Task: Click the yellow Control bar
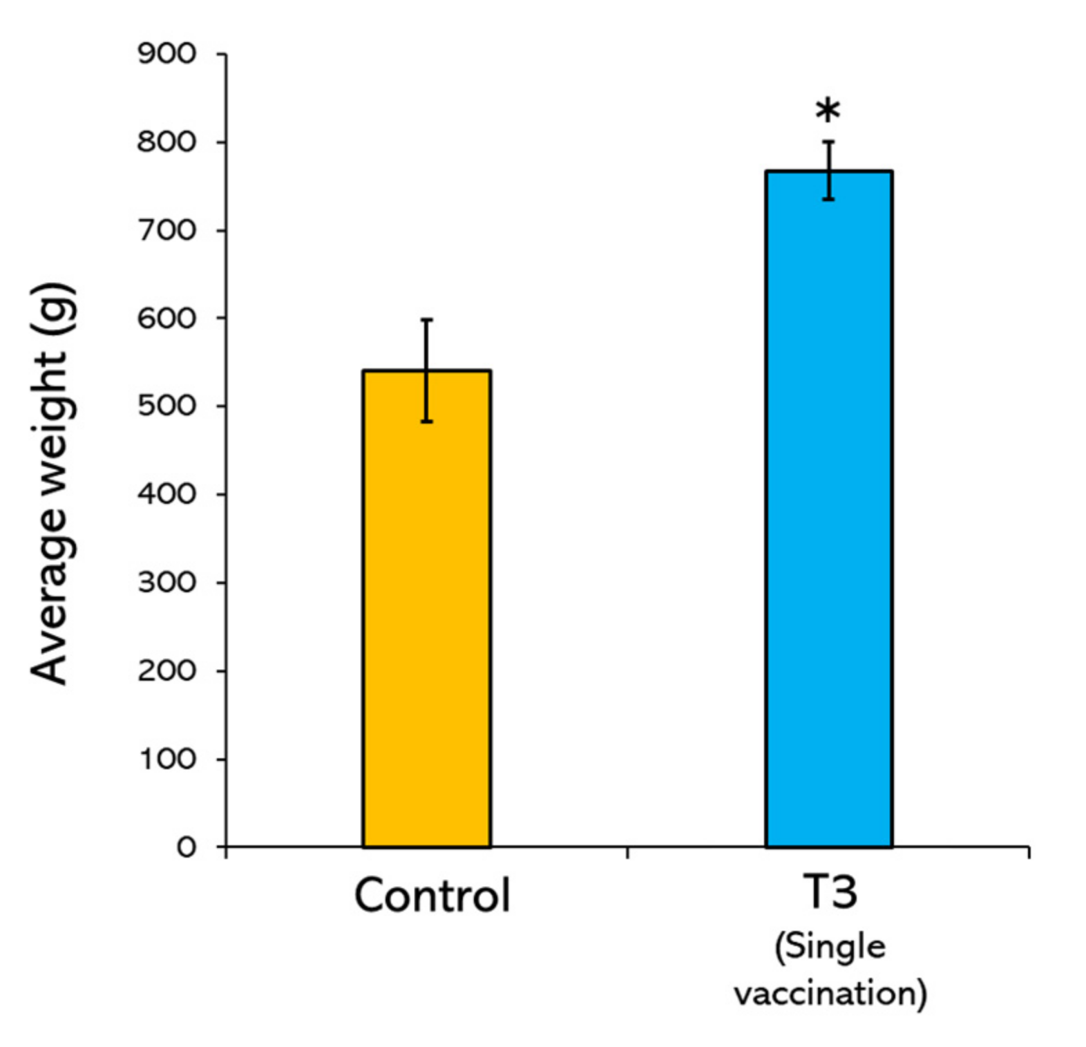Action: pos(426,608)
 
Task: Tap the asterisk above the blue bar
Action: pos(828,111)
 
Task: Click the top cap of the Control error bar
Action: pos(427,320)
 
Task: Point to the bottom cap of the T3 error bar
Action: pos(828,199)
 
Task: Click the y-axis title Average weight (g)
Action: pos(52,483)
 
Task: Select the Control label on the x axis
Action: pos(432,896)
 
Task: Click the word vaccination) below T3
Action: pos(830,994)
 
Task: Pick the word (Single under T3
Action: pos(830,947)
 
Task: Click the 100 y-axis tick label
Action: pos(168,759)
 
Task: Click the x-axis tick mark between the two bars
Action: pos(627,852)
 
